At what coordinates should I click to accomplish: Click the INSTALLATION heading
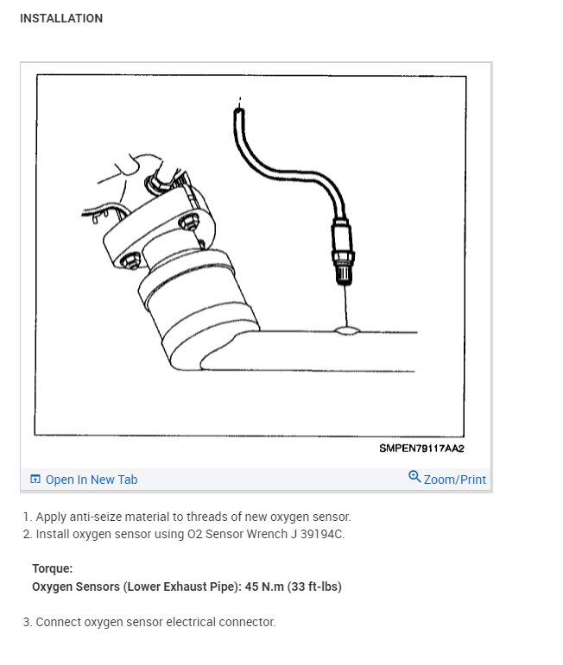(x=60, y=18)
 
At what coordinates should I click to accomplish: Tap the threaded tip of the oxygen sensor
(x=344, y=275)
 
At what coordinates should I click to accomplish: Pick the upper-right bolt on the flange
(x=184, y=223)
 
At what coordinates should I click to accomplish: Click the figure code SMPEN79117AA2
(x=421, y=449)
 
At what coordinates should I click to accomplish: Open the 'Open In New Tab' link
(x=91, y=480)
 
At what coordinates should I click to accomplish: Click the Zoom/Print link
(x=454, y=480)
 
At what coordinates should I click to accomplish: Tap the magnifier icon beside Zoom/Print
(x=414, y=478)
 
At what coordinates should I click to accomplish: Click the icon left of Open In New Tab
(x=35, y=480)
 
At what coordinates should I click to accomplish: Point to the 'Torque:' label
(x=53, y=569)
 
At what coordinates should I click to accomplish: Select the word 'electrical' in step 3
(x=175, y=622)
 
